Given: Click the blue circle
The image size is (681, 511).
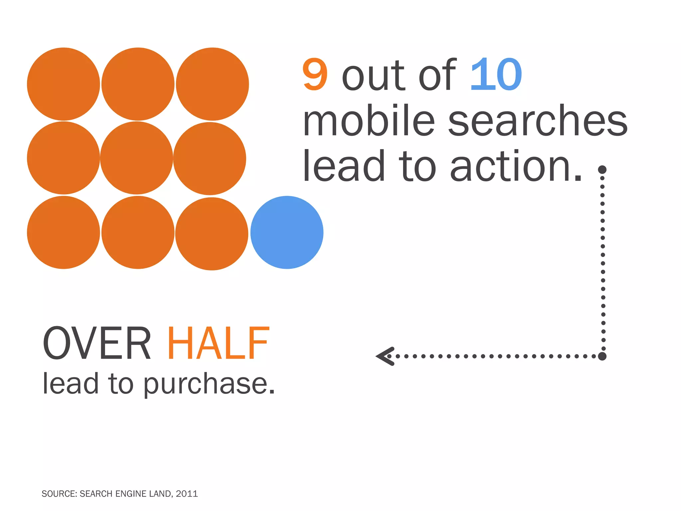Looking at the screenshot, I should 287,232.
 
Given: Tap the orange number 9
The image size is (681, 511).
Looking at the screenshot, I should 315,75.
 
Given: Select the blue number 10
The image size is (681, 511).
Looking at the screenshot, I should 496,75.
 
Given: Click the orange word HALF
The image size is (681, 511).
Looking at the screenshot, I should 218,343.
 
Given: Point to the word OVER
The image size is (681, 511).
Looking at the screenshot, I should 97,343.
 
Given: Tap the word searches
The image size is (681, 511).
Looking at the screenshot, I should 538,120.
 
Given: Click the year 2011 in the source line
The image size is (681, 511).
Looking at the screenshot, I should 187,494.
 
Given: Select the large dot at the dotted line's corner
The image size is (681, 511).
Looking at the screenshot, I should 602,356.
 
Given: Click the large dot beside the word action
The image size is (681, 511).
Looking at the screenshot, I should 602,170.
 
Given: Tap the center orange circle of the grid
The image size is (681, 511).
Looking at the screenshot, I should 136,158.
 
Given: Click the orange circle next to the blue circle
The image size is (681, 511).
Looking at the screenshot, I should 212,234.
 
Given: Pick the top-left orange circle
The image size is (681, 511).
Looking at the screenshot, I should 64,84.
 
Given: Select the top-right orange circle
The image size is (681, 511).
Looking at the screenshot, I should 212,84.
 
